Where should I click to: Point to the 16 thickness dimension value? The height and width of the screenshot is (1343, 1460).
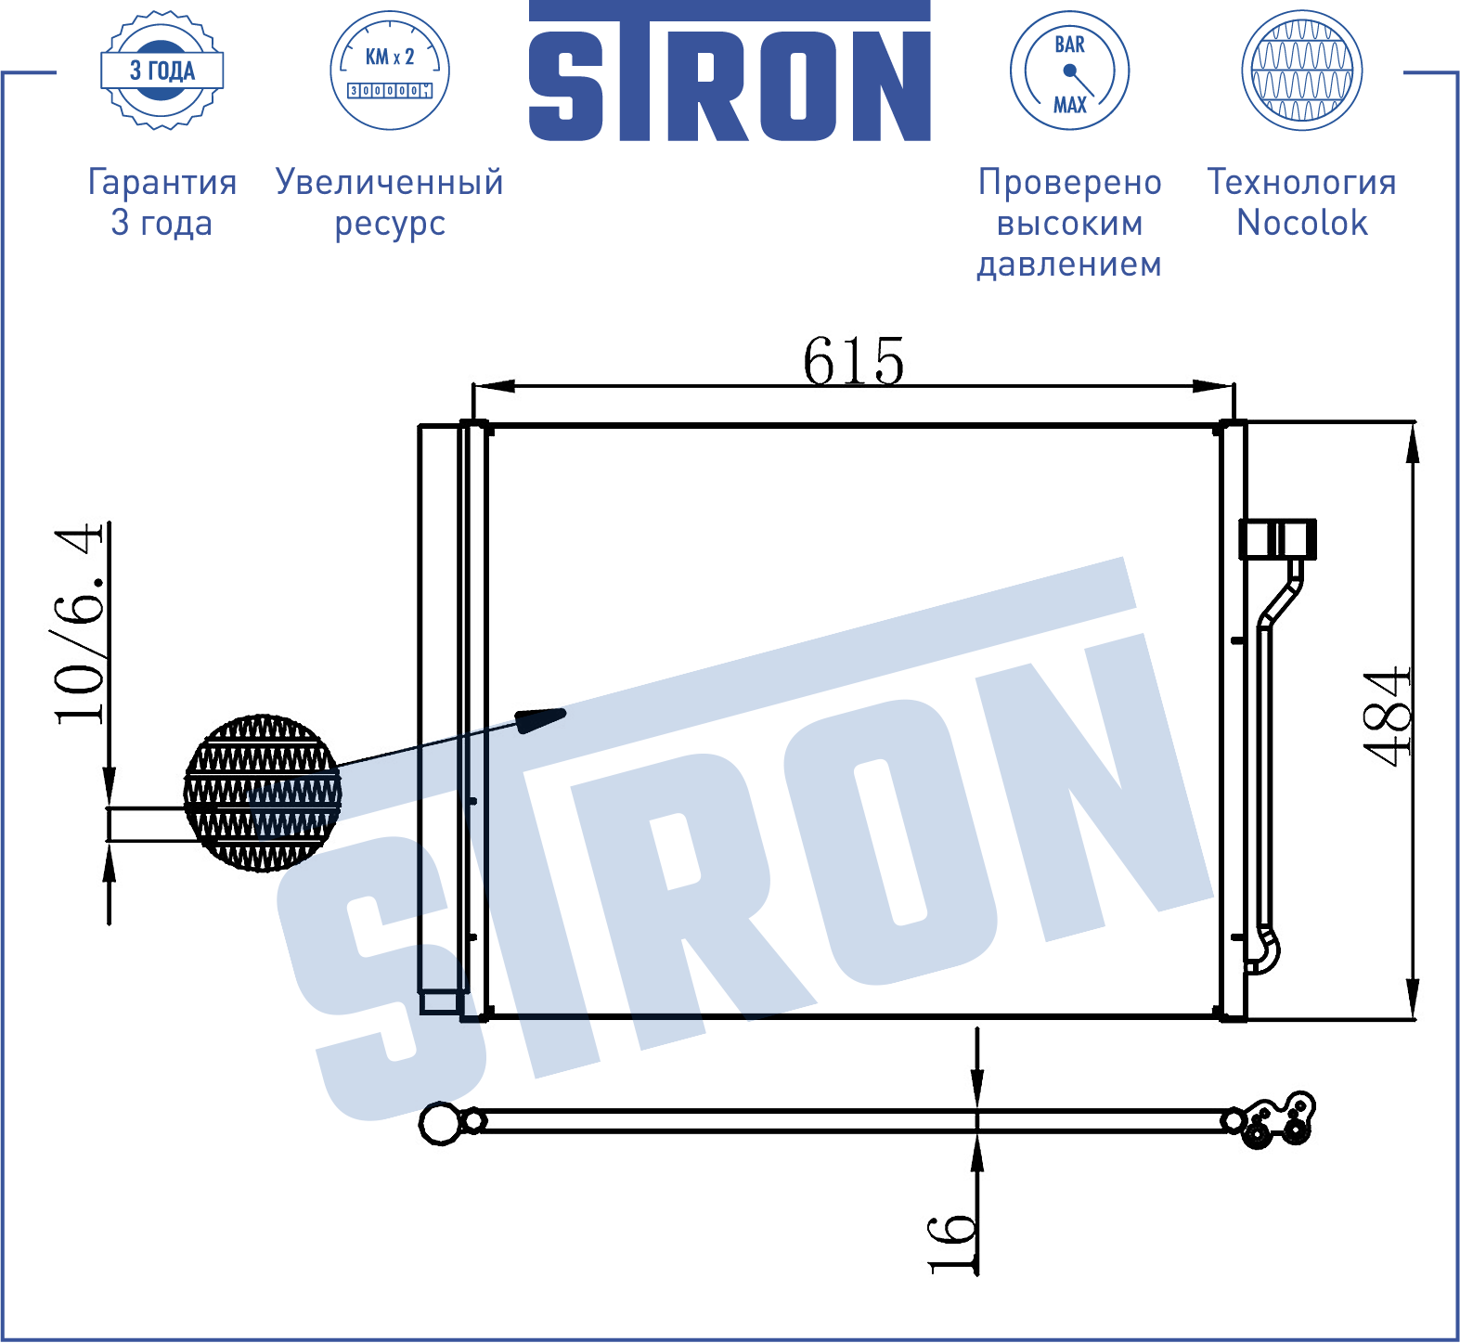pos(952,1244)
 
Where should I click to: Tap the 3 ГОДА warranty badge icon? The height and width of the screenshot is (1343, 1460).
pos(162,71)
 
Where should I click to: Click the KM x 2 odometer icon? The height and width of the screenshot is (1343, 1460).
pos(390,71)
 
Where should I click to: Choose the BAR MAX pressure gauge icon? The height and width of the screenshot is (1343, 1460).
pos(1069,71)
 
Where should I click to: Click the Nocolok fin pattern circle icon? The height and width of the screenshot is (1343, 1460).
pos(1302,71)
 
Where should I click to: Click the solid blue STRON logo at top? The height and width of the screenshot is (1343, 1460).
pos(730,71)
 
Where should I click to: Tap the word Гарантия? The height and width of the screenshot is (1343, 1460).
pos(162,183)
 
